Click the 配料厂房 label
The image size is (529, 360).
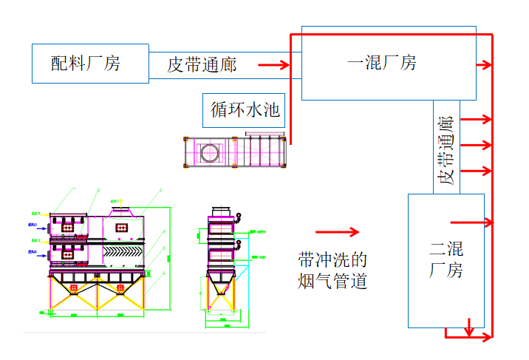pyautogui.click(x=85, y=64)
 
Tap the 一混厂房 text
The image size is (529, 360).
pyautogui.click(x=381, y=63)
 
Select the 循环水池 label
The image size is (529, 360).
pyautogui.click(x=245, y=110)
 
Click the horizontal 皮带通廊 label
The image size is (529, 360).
pyautogui.click(x=202, y=65)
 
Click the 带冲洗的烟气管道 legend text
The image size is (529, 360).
pyautogui.click(x=332, y=270)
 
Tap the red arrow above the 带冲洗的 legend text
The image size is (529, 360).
pyautogui.click(x=337, y=231)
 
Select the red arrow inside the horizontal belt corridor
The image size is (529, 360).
pyautogui.click(x=278, y=65)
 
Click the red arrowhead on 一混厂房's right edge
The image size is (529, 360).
pyautogui.click(x=485, y=64)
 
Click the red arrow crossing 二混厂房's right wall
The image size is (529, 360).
pyautogui.click(x=473, y=221)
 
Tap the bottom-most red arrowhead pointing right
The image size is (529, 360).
pyautogui.click(x=485, y=337)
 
